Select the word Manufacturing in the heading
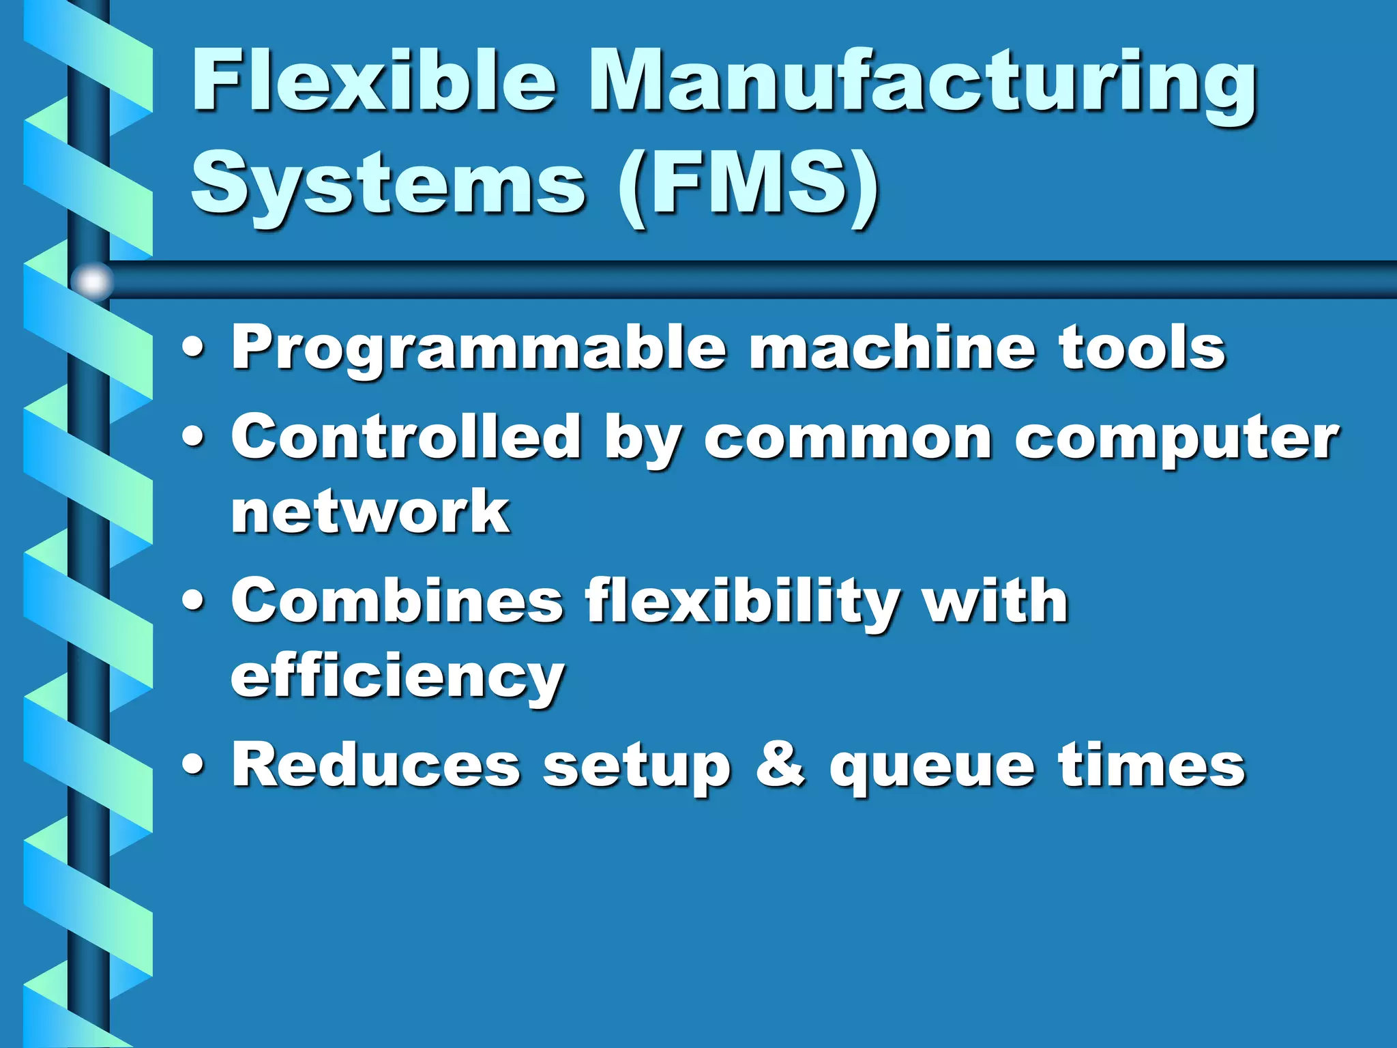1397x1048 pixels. click(x=922, y=85)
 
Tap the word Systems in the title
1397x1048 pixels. click(x=388, y=186)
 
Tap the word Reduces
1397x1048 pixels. click(x=376, y=766)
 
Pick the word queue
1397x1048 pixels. click(x=932, y=769)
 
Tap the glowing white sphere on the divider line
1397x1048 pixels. click(x=92, y=280)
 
